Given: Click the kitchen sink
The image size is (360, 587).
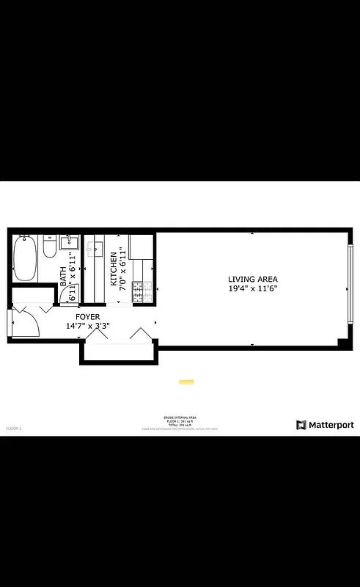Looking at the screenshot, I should pyautogui.click(x=94, y=249).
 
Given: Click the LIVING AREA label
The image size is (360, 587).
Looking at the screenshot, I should pyautogui.click(x=253, y=279).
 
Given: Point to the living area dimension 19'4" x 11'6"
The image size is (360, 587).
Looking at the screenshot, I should pyautogui.click(x=253, y=288).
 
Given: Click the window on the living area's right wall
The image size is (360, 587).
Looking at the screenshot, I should pyautogui.click(x=350, y=283).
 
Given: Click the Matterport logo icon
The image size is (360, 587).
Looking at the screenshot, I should pyautogui.click(x=301, y=425).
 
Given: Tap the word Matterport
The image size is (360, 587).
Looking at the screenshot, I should pyautogui.click(x=331, y=425).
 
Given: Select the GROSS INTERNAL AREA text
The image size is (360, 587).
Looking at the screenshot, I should pyautogui.click(x=180, y=415).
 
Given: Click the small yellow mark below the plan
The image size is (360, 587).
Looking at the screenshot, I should pyautogui.click(x=186, y=382).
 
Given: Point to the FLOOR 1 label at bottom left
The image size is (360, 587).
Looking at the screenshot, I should pyautogui.click(x=14, y=427).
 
